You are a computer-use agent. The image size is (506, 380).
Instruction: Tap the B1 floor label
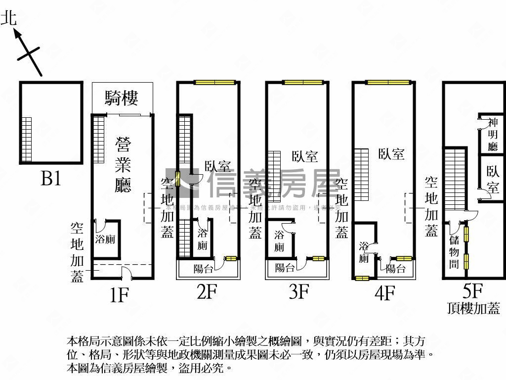[50, 178]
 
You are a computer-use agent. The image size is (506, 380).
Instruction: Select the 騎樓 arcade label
[121, 98]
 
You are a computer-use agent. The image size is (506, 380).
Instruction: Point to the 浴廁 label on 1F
[105, 239]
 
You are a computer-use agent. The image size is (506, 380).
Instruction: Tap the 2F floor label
[207, 292]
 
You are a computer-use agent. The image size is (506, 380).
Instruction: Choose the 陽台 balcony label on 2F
[204, 269]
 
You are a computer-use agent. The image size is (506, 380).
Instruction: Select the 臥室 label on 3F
[304, 157]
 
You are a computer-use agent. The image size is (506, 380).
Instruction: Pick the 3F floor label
[298, 292]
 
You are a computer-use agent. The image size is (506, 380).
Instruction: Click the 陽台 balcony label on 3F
[286, 268]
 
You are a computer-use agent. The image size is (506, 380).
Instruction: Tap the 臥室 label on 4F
[391, 154]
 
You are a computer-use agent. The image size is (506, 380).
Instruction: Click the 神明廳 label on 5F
[493, 134]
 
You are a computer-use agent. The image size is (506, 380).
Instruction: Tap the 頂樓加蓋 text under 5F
[473, 309]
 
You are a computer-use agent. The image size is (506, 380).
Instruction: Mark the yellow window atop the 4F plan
[388, 82]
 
